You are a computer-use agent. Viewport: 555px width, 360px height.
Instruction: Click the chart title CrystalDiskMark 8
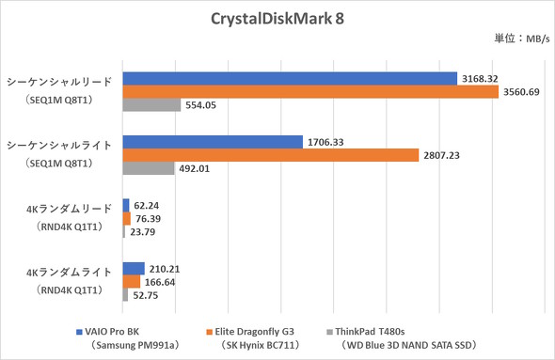pyautogui.click(x=278, y=20)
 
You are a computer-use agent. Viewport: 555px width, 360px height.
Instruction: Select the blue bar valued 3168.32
pyautogui.click(x=290, y=78)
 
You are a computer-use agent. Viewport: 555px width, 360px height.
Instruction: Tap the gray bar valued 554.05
pyautogui.click(x=152, y=106)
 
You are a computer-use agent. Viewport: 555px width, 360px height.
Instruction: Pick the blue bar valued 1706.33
pyautogui.click(x=214, y=142)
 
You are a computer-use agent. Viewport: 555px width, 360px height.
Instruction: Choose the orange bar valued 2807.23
pyautogui.click(x=271, y=156)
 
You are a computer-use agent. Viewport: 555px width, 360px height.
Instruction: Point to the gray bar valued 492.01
pyautogui.click(x=149, y=170)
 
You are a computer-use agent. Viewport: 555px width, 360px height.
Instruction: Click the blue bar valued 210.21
pyautogui.click(x=134, y=268)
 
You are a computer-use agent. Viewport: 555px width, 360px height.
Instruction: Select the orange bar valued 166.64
pyautogui.click(x=132, y=281)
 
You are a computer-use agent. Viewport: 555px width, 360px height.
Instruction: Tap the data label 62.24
pyautogui.click(x=147, y=204)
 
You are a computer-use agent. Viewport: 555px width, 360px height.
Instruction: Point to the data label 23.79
pyautogui.click(x=144, y=232)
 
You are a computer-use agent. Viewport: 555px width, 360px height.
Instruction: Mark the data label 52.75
pyautogui.click(x=146, y=295)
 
